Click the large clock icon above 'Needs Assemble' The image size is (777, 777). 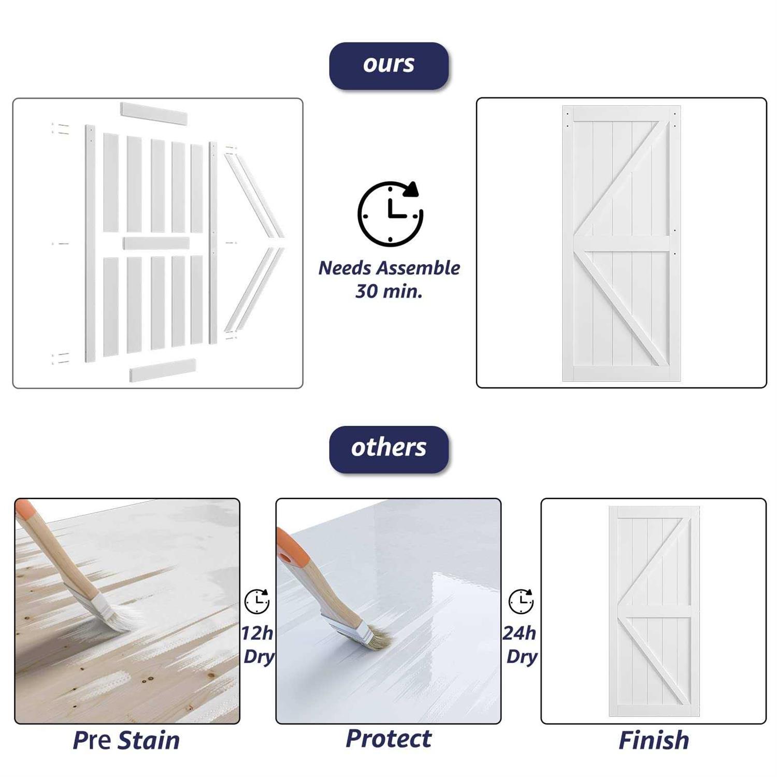(390, 213)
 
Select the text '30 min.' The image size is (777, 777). (388, 291)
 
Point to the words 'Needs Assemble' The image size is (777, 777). (389, 268)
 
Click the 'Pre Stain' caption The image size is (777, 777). (126, 740)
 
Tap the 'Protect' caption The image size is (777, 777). (388, 739)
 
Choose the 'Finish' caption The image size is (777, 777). (654, 740)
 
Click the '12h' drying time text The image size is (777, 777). (257, 633)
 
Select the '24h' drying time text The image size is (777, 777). (520, 633)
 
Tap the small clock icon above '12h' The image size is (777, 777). (257, 601)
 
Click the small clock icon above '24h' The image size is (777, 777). (521, 601)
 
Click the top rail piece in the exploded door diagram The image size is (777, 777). (154, 114)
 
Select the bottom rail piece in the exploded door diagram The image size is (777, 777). (163, 370)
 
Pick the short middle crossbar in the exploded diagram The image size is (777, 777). (156, 243)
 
